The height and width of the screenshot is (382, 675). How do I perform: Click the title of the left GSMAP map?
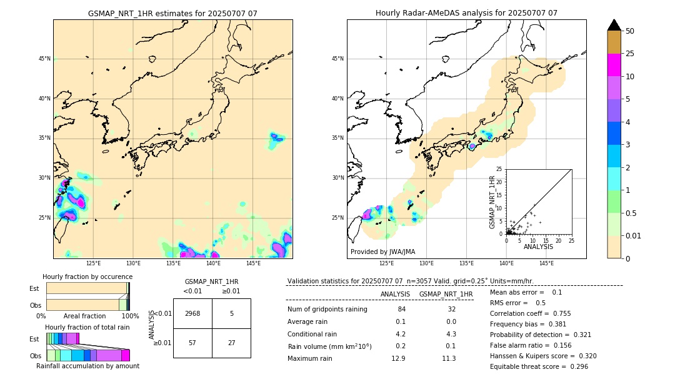[x=172, y=13]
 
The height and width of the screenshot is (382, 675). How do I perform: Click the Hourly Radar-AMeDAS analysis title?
[x=466, y=13]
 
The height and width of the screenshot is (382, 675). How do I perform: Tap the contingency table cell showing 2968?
[x=192, y=313]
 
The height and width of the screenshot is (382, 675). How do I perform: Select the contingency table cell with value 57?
[x=192, y=343]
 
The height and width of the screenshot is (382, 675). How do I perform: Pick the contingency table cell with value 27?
[x=231, y=343]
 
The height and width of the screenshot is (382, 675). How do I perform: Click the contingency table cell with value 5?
[x=231, y=313]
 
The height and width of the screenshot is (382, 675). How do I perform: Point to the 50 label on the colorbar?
[x=630, y=31]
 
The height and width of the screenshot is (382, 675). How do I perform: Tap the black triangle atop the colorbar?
[x=614, y=25]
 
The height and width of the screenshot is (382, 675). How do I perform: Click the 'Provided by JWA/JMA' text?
[x=382, y=252]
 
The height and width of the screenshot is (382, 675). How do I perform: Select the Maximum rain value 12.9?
[x=398, y=358]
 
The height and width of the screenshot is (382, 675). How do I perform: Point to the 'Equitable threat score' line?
[x=539, y=366]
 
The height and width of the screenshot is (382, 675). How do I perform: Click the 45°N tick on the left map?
[x=44, y=59]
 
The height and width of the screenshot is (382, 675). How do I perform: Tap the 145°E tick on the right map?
[x=546, y=263]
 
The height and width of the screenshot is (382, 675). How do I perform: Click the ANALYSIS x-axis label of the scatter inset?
[x=538, y=247]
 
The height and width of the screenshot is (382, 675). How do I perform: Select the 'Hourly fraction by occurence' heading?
[x=87, y=277]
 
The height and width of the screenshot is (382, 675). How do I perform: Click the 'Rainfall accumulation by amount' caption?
[x=87, y=366]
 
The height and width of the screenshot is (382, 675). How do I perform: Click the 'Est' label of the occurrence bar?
[x=34, y=288]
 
